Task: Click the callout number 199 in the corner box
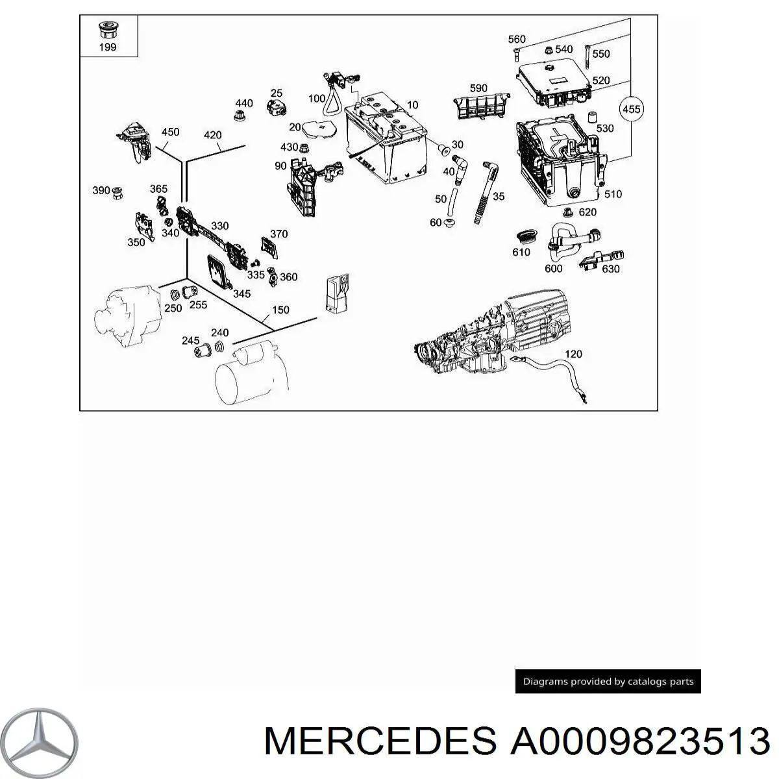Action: click(x=108, y=47)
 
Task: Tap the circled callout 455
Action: click(x=631, y=110)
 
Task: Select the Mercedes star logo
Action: click(x=39, y=742)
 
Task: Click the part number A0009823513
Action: click(x=640, y=741)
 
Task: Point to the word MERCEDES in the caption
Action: click(x=380, y=741)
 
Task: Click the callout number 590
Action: click(x=478, y=88)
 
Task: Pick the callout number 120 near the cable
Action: click(x=573, y=354)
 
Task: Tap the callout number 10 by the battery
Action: click(x=412, y=105)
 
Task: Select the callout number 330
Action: click(x=219, y=225)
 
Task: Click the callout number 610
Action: click(x=521, y=253)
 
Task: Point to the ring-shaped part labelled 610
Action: click(x=527, y=237)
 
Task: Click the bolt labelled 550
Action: click(x=587, y=57)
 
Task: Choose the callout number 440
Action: click(x=244, y=103)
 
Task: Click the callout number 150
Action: click(x=280, y=310)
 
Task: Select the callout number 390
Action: click(x=101, y=190)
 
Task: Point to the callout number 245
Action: click(x=190, y=340)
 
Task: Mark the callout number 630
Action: click(x=610, y=269)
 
